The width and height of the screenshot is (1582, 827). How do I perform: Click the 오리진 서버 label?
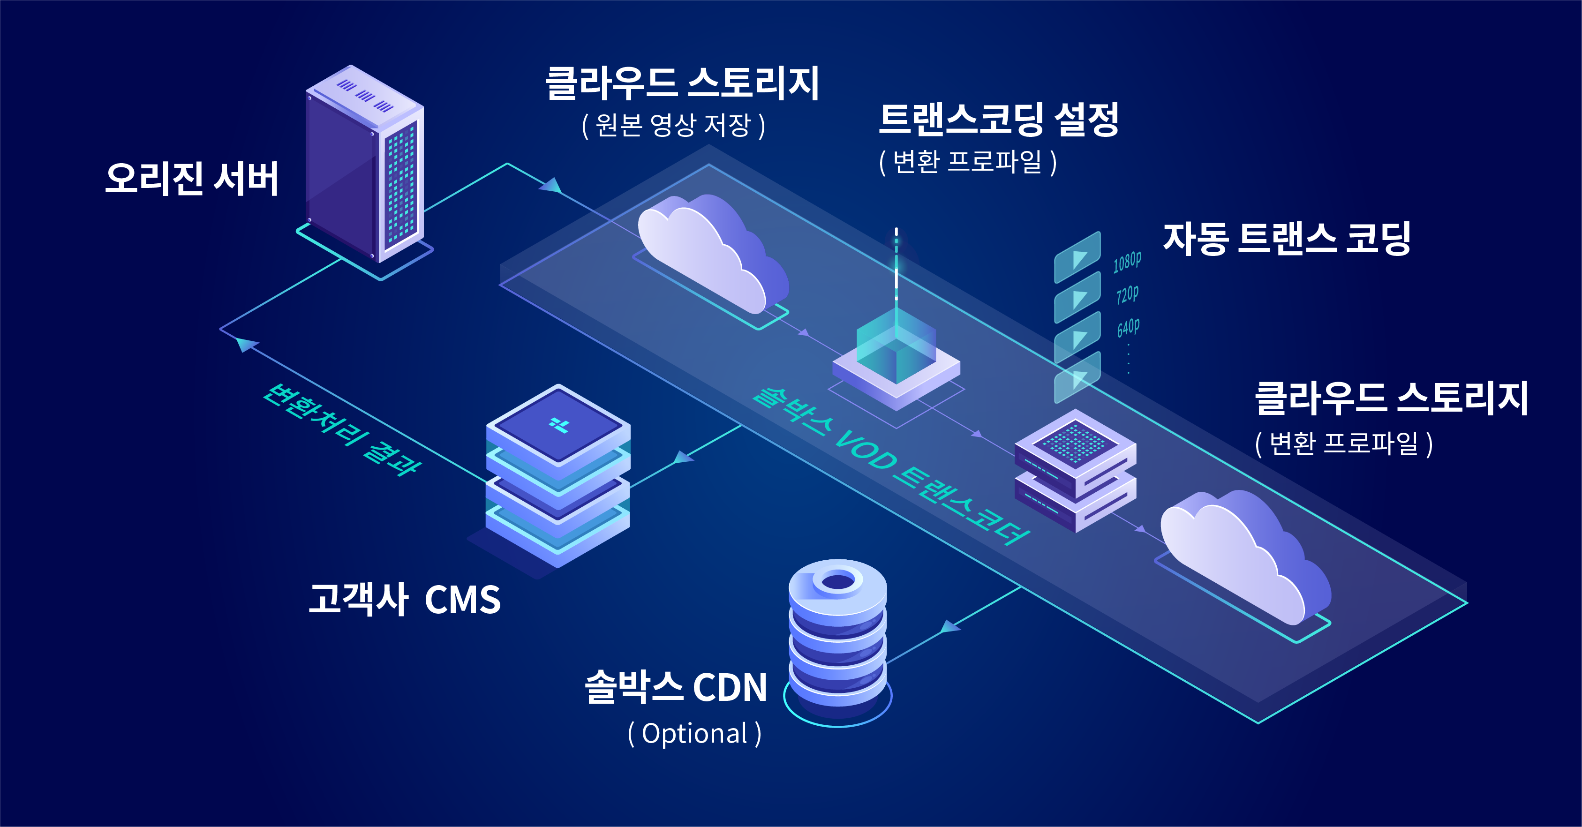point(192,179)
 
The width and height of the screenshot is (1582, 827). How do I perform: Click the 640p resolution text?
point(1128,327)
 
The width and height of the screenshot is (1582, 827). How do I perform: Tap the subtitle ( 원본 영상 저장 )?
point(673,125)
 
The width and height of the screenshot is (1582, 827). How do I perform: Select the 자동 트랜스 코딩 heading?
point(1287,239)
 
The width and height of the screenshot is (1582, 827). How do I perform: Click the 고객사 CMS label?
point(404,599)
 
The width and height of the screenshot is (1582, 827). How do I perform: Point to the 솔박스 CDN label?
point(676,686)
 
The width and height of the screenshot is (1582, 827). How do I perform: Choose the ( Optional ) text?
point(694,734)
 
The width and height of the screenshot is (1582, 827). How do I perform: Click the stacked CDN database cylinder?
point(838,639)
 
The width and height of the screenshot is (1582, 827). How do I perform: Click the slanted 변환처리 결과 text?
point(341,430)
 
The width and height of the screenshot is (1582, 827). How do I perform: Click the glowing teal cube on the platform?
point(896,347)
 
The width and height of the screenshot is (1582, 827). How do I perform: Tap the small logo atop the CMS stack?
point(559,425)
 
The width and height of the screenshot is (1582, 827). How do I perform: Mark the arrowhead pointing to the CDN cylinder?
point(949,627)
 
